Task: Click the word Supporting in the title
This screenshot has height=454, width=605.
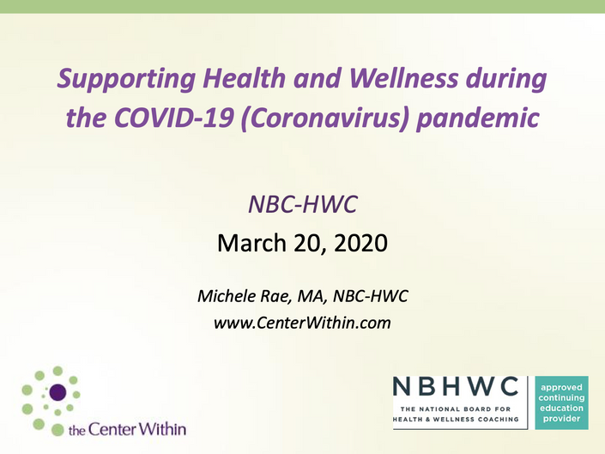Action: (126, 80)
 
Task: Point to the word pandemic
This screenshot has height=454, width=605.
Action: (478, 118)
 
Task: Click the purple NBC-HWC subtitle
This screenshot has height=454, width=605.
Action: (303, 204)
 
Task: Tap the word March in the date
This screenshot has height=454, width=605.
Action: (251, 243)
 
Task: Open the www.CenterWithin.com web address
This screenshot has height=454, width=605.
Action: (302, 323)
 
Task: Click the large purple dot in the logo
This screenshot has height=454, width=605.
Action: (57, 392)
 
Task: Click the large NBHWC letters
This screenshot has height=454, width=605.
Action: (456, 386)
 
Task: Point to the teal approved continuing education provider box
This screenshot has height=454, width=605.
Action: (561, 403)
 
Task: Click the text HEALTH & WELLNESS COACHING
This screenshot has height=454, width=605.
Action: (456, 420)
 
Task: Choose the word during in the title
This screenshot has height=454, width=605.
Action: (505, 80)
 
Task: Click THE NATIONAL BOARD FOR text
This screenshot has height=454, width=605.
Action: (456, 409)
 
